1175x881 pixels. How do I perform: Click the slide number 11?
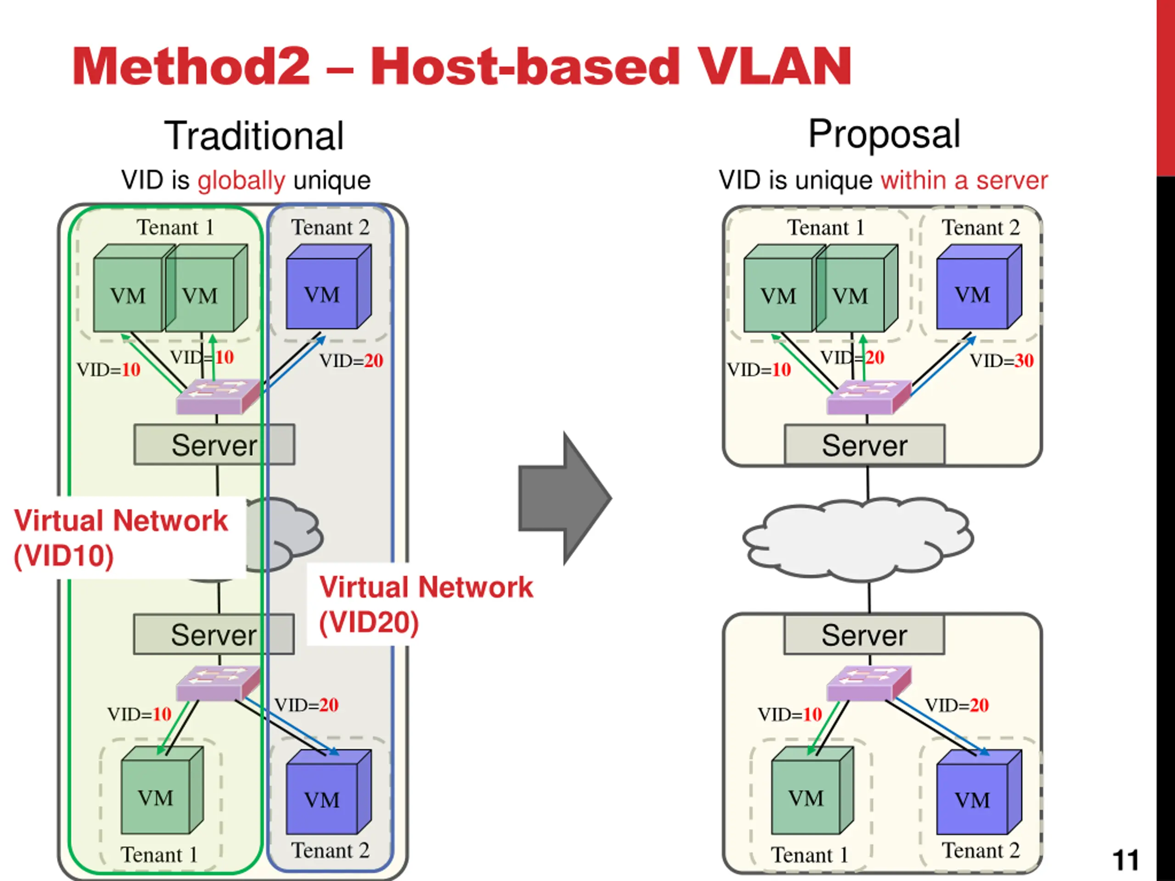click(x=1125, y=860)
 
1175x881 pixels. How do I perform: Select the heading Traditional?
click(x=254, y=136)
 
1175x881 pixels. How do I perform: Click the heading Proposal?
click(x=884, y=134)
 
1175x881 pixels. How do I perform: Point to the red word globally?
click(x=242, y=180)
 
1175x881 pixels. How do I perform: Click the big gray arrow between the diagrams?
click(x=565, y=498)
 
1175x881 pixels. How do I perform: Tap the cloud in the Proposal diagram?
click(x=858, y=539)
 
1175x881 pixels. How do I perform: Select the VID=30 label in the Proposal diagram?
click(x=1002, y=361)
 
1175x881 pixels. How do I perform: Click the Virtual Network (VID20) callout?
click(x=425, y=604)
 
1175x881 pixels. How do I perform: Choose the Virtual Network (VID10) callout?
click(x=121, y=537)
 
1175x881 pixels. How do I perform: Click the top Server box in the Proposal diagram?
click(x=865, y=445)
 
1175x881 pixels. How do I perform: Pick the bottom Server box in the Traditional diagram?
click(x=213, y=635)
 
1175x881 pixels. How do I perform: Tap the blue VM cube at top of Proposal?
click(x=979, y=287)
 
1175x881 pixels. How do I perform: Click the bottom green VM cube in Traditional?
click(x=162, y=790)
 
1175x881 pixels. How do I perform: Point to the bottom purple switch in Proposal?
click(x=869, y=683)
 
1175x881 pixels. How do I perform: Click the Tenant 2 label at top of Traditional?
click(x=330, y=227)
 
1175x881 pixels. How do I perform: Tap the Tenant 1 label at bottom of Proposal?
click(x=810, y=855)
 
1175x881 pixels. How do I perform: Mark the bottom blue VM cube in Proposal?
click(x=979, y=792)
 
